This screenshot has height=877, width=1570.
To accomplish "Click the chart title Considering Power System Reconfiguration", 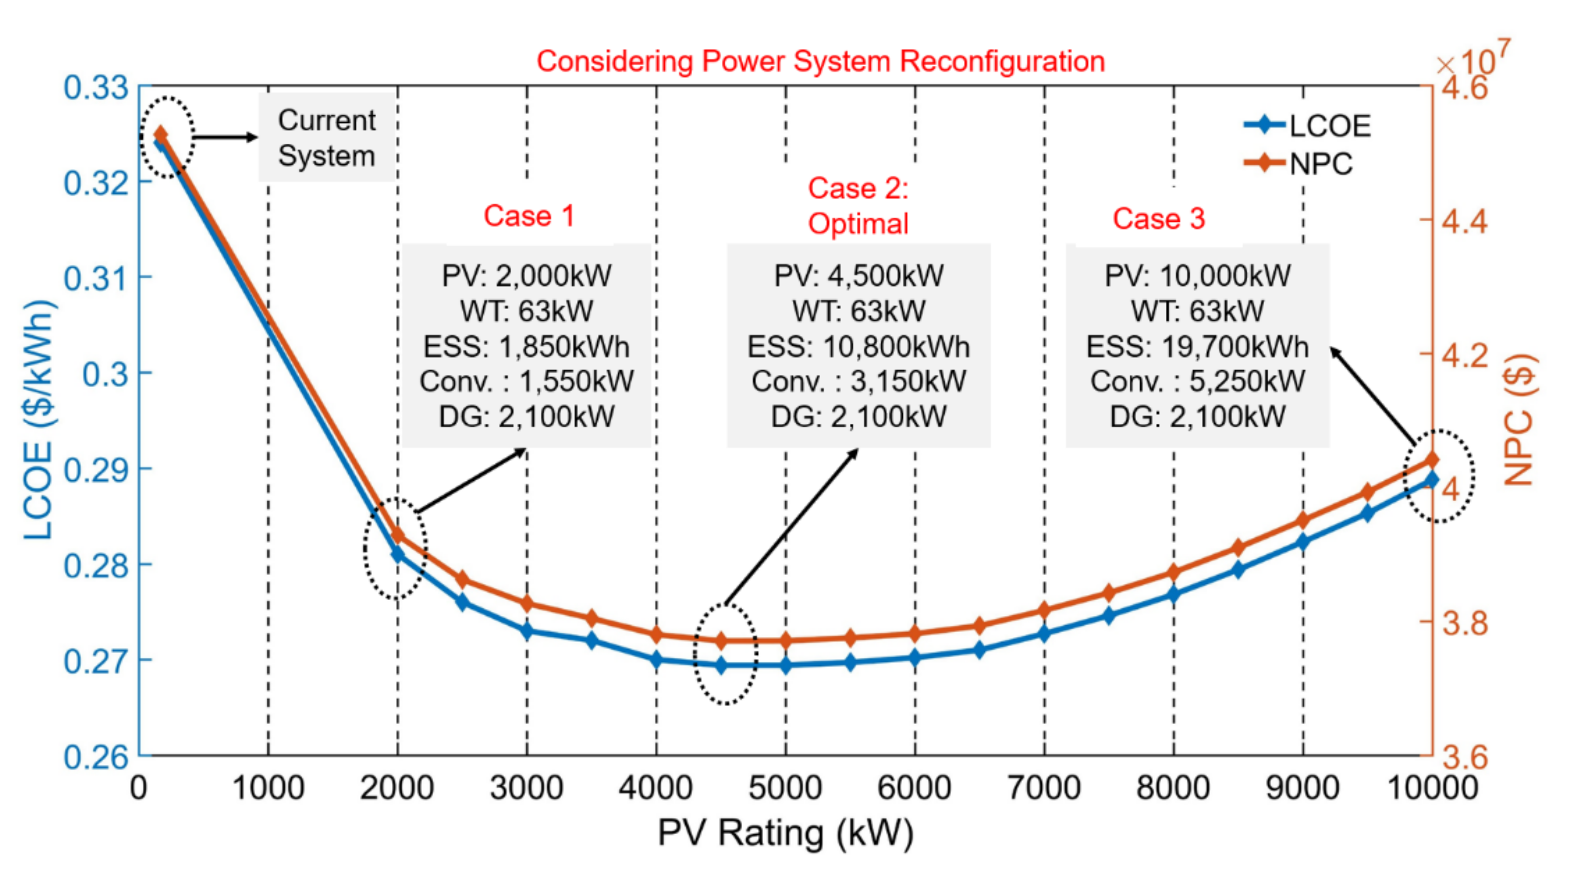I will tap(820, 62).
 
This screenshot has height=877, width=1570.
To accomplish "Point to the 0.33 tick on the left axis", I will tap(96, 88).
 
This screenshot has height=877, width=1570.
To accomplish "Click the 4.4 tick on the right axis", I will tap(1464, 221).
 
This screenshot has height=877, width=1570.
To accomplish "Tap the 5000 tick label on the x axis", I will tap(785, 787).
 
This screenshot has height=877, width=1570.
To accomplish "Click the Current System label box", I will tap(327, 138).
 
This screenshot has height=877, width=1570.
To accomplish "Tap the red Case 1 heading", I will tap(529, 216).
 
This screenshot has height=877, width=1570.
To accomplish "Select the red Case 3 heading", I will tap(1159, 218).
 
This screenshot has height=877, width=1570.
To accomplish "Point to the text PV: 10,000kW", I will tap(1197, 275).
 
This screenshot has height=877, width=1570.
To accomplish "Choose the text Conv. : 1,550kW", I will tap(527, 381).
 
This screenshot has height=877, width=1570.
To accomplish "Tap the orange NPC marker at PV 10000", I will tap(1432, 459).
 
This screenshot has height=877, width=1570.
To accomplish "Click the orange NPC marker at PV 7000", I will tap(1044, 609).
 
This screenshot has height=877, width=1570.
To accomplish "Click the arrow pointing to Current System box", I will tap(225, 137).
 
